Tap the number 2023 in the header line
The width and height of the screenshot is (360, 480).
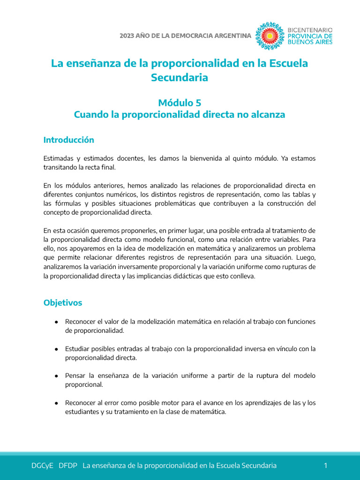coord(127,36)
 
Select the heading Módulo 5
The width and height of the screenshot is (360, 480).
coord(180,103)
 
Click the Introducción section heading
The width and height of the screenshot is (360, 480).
coord(68,140)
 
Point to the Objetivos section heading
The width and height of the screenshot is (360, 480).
coord(63,303)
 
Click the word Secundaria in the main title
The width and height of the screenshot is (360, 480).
coord(180,78)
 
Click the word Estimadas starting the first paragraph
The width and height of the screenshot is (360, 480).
coord(57,158)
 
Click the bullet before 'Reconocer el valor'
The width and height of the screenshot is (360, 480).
coord(56,322)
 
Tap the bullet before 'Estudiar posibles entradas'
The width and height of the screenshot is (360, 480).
coord(56,349)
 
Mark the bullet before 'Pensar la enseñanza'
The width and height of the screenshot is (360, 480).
coord(56,376)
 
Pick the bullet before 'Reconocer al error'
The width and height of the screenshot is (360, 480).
coord(56,403)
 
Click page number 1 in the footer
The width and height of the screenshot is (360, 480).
coord(325,465)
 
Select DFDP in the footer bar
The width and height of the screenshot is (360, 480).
coord(68,465)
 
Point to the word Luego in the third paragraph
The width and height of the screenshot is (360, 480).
coord(305,258)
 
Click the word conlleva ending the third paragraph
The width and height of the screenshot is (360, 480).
coord(240,276)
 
